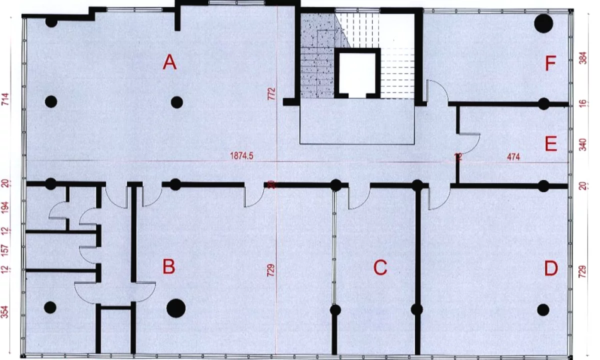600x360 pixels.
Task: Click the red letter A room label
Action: [170, 63]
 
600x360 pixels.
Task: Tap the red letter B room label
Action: [169, 267]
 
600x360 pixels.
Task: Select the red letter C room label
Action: [380, 268]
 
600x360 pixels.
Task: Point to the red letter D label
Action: [550, 269]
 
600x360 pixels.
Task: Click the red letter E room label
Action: [550, 145]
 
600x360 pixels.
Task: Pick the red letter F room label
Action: [550, 64]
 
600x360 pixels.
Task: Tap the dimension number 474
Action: [513, 157]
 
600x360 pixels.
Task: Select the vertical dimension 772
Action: [271, 93]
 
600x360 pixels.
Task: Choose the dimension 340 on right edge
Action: [582, 145]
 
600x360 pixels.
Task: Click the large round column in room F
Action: [543, 22]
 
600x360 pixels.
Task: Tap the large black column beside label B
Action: [175, 308]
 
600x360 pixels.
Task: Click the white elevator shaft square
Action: [357, 73]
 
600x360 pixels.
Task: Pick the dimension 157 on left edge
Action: [6, 250]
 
